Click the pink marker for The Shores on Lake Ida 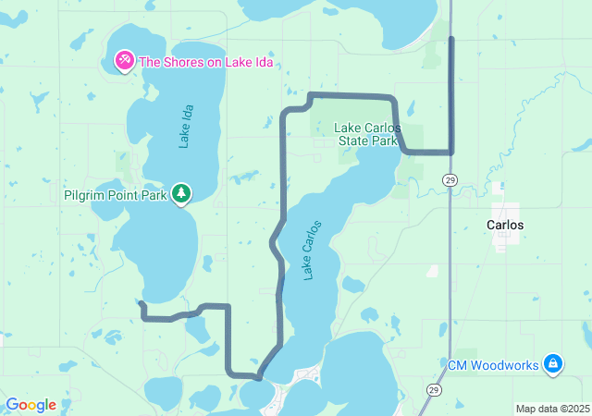pyautogui.click(x=124, y=62)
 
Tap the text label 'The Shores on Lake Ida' pyautogui.click(x=205, y=63)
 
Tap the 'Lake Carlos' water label pyautogui.click(x=312, y=250)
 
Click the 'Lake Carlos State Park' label pyautogui.click(x=367, y=133)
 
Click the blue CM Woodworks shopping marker pyautogui.click(x=552, y=364)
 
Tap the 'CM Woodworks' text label pyautogui.click(x=493, y=365)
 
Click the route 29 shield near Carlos pyautogui.click(x=450, y=179)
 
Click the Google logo pyautogui.click(x=31, y=405)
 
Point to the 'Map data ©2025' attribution pyautogui.click(x=551, y=409)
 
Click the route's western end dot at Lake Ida pyautogui.click(x=142, y=303)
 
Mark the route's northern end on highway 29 pyautogui.click(x=451, y=38)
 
